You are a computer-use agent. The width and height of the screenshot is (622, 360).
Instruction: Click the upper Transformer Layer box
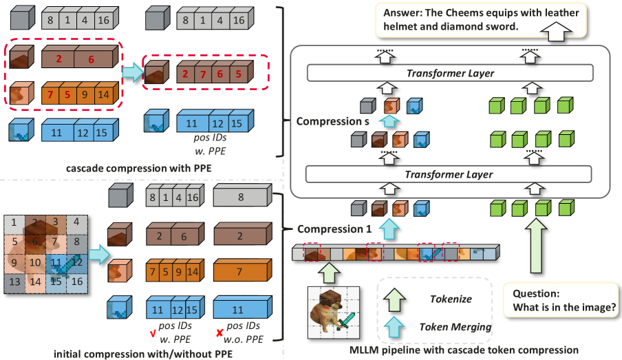(450, 74)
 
